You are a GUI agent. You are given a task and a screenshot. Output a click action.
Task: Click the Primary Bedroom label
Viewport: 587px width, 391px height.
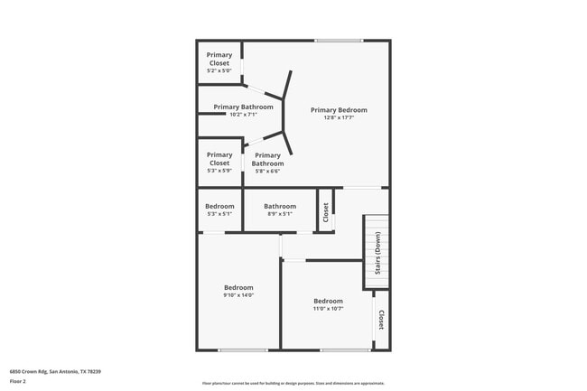pyautogui.click(x=339, y=110)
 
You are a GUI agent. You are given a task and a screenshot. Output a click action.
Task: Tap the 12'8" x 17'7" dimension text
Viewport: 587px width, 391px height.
pyautogui.click(x=339, y=117)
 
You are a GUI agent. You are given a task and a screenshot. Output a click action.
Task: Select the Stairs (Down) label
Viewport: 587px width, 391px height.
pyautogui.click(x=377, y=254)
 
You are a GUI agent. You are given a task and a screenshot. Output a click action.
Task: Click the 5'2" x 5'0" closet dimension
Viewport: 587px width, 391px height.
pyautogui.click(x=219, y=70)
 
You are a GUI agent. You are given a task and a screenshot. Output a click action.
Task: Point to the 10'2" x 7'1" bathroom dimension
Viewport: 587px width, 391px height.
pyautogui.click(x=243, y=115)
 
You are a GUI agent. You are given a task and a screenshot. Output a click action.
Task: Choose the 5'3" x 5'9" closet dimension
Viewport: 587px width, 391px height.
pyautogui.click(x=219, y=170)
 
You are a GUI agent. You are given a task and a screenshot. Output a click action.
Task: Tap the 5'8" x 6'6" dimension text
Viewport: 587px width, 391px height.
pyautogui.click(x=267, y=171)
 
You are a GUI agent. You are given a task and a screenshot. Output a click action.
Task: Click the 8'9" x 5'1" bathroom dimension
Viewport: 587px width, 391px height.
pyautogui.click(x=280, y=214)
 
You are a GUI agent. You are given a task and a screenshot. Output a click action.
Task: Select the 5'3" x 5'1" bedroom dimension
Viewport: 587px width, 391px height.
pyautogui.click(x=219, y=214)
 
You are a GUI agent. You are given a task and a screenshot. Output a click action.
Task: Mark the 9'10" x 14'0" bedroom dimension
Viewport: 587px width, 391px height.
pyautogui.click(x=238, y=295)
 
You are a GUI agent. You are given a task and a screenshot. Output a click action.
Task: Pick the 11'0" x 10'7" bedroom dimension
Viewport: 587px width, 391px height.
pyautogui.click(x=328, y=309)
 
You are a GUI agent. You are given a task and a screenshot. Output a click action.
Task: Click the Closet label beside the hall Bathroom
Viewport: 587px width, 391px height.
pyautogui.click(x=325, y=212)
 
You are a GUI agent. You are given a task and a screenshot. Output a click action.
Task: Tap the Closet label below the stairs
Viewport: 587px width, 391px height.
pyautogui.click(x=381, y=320)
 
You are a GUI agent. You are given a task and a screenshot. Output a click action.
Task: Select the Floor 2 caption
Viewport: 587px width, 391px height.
pyautogui.click(x=18, y=382)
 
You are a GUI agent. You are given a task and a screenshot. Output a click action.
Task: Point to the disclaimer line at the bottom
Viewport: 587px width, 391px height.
pyautogui.click(x=293, y=383)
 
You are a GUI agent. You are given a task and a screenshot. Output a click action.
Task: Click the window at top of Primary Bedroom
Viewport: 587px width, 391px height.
pyautogui.click(x=339, y=41)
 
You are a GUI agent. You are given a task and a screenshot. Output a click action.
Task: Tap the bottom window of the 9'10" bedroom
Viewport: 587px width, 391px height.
pyautogui.click(x=242, y=350)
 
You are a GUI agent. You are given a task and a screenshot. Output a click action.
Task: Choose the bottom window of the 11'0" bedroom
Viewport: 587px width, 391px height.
pyautogui.click(x=345, y=350)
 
